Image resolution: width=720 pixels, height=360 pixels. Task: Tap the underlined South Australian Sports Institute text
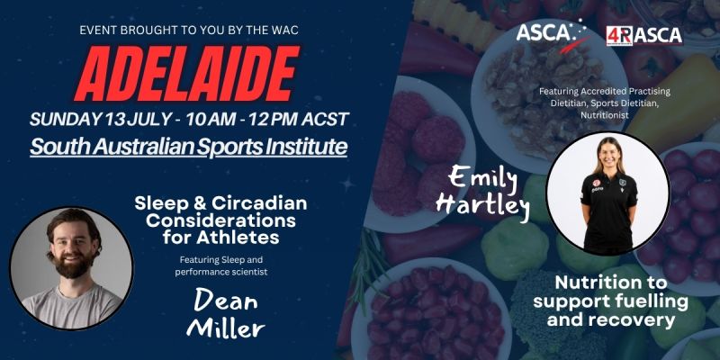(189, 147)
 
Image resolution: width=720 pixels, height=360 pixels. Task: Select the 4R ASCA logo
(643, 34)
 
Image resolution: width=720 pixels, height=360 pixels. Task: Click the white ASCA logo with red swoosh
(552, 34)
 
